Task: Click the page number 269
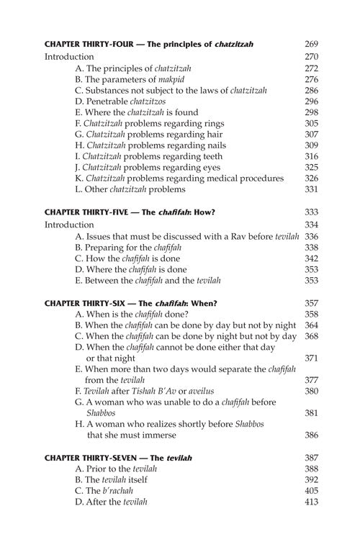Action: coord(311,44)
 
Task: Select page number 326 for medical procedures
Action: coord(311,178)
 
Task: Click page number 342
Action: coord(311,258)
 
